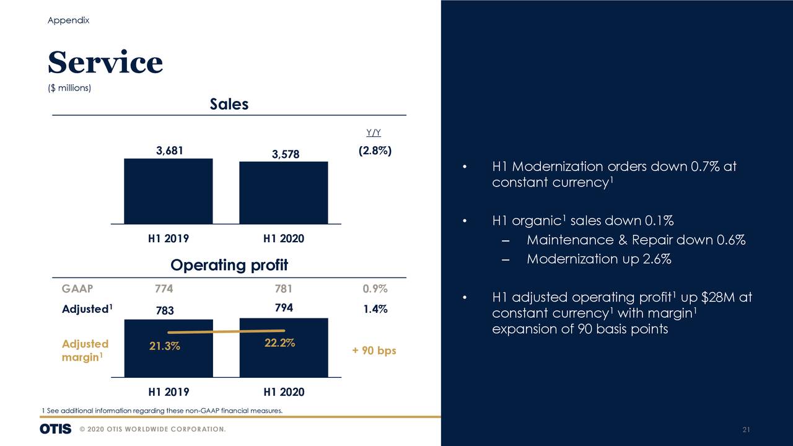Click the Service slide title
[105, 63]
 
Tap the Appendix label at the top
[68, 20]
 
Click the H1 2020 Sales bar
[283, 193]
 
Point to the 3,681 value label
[169, 151]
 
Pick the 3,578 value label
[285, 154]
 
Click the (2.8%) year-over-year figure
[375, 151]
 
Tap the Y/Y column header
[374, 133]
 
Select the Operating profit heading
[229, 266]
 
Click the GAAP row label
[77, 289]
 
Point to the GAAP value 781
[283, 289]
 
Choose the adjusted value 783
[165, 310]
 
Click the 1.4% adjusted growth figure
[375, 308]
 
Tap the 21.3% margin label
[165, 346]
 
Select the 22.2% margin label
[279, 344]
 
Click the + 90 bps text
[374, 351]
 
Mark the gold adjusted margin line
[226, 331]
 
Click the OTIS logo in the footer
[56, 429]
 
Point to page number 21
[746, 430]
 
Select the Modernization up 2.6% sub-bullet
[598, 259]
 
